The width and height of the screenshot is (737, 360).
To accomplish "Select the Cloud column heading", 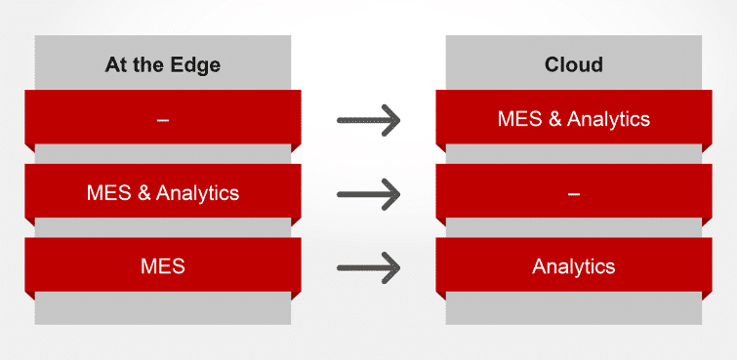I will tap(574, 66).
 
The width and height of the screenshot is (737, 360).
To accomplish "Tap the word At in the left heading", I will tap(117, 66).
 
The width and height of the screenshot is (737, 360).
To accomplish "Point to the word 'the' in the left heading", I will tap(151, 66).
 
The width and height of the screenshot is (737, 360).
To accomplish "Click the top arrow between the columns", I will tap(369, 120).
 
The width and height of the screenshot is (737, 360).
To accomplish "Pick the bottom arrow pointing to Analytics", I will tap(369, 265).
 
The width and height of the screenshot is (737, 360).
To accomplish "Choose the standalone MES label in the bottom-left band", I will tap(162, 265).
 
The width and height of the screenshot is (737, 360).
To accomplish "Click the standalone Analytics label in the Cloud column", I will tap(574, 265).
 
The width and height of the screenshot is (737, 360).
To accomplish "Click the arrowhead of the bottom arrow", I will tap(391, 265).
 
